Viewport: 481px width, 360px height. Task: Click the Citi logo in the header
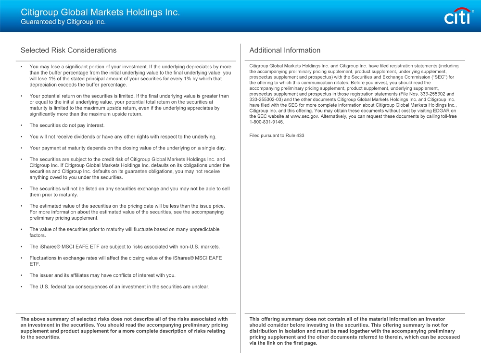[458, 17]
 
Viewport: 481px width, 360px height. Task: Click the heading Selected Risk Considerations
[68, 50]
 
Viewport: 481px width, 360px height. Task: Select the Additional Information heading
[285, 50]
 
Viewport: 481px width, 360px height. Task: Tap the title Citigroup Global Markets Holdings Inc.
[100, 12]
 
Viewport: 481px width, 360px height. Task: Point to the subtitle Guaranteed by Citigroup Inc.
[63, 22]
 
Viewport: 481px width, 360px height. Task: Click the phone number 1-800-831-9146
[267, 122]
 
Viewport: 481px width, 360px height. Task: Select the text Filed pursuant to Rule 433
[277, 136]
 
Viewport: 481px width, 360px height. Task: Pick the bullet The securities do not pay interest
[67, 125]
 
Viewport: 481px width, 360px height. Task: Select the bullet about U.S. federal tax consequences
[119, 287]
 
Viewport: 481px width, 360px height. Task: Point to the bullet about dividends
[123, 137]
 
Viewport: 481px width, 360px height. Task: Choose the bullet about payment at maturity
[127, 148]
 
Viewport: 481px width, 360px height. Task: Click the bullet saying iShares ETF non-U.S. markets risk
[125, 247]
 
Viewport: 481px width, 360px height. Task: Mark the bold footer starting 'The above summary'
[124, 328]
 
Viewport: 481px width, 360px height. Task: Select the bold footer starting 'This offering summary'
[354, 331]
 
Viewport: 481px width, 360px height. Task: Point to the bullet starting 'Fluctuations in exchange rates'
[126, 261]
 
